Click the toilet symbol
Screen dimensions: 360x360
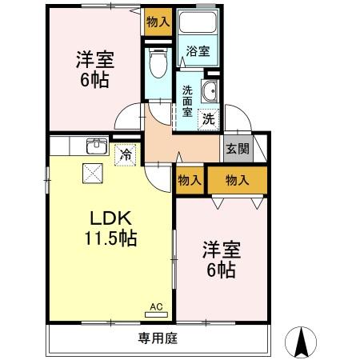(x=157, y=62)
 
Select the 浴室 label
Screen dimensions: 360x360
(x=198, y=51)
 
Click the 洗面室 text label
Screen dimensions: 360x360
(x=187, y=101)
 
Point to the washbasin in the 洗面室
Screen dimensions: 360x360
(x=210, y=91)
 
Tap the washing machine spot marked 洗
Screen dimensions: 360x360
(x=208, y=120)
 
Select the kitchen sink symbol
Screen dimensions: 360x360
(x=96, y=146)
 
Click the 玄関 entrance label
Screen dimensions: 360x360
(x=237, y=148)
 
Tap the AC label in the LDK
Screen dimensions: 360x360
(x=156, y=306)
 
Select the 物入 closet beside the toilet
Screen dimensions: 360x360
(x=158, y=22)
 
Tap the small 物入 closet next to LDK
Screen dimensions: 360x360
(x=190, y=181)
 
